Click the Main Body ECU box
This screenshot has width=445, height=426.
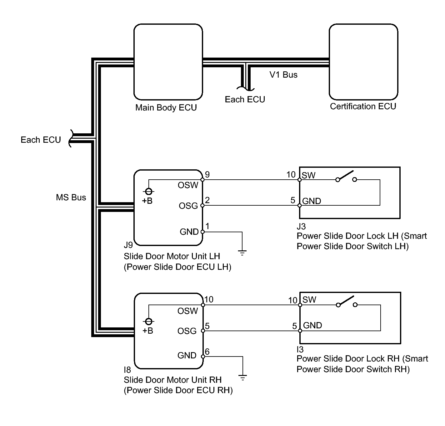[168, 62]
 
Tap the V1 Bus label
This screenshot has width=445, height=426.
[283, 75]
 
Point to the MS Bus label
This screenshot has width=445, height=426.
[71, 198]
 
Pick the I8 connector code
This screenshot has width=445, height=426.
[127, 370]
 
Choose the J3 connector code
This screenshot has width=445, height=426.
[301, 226]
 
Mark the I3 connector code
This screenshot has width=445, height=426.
[300, 349]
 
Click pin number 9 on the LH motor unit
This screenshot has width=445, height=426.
[207, 175]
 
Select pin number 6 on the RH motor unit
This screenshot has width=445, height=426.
[207, 352]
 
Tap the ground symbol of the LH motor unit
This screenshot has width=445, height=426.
[242, 253]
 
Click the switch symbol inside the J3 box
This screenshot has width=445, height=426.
[346, 177]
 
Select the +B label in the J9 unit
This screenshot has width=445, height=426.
[147, 201]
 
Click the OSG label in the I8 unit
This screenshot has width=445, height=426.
[187, 331]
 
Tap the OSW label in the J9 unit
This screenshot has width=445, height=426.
[188, 185]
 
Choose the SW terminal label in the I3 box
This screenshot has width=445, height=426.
[309, 300]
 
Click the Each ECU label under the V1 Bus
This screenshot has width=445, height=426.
[245, 100]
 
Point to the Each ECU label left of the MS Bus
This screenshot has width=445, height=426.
[41, 140]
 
